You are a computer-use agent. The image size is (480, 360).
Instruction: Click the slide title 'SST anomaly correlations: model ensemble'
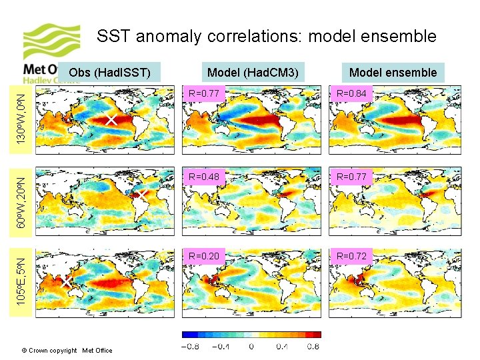pyautogui.click(x=267, y=36)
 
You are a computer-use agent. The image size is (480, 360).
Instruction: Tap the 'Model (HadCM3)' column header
pyautogui.click(x=253, y=72)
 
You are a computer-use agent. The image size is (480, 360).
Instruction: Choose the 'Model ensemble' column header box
pyautogui.click(x=393, y=72)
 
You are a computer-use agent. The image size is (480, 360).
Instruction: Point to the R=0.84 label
pyautogui.click(x=352, y=94)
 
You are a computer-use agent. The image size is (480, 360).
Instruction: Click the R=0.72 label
pyautogui.click(x=352, y=256)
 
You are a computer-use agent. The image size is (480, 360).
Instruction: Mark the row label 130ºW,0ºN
pyautogui.click(x=22, y=116)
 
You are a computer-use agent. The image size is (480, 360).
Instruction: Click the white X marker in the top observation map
pyautogui.click(x=111, y=120)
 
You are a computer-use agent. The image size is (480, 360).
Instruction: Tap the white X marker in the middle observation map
pyautogui.click(x=141, y=194)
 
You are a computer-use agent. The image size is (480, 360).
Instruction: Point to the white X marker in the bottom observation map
pyautogui.click(x=67, y=283)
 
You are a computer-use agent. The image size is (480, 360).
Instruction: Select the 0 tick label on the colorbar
pyautogui.click(x=251, y=346)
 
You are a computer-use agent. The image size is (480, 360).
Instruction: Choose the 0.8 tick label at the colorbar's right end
pyautogui.click(x=312, y=346)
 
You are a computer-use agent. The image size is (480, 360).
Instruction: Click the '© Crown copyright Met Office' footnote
pyautogui.click(x=67, y=350)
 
